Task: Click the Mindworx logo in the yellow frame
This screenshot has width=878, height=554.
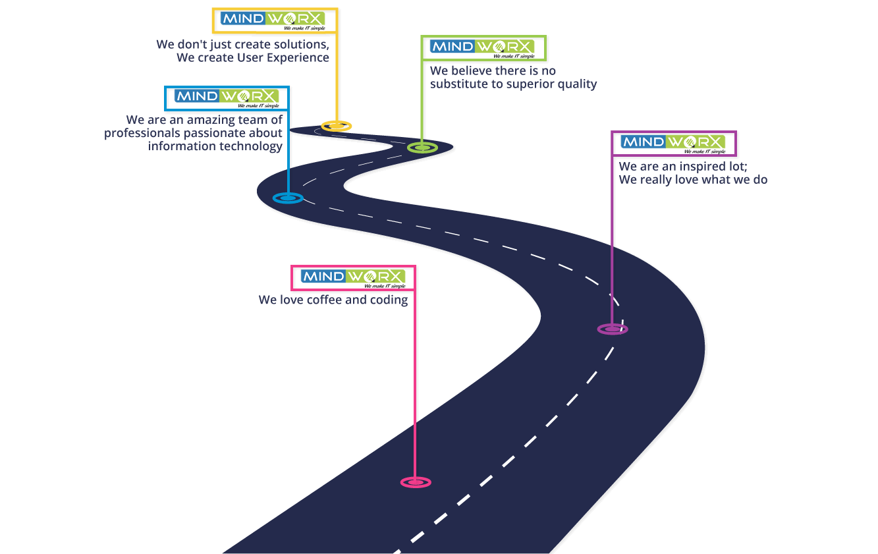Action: coord(273,21)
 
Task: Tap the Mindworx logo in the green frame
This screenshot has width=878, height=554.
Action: coord(482,49)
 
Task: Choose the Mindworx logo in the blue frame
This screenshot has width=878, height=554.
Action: coord(227,98)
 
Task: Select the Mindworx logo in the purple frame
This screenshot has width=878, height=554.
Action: coord(673,144)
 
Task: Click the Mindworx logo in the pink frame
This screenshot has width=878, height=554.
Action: coord(353,279)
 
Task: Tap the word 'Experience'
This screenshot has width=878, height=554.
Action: coord(298,58)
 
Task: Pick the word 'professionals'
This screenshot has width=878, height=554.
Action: coord(142,133)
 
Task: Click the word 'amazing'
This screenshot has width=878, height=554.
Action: coord(209,121)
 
